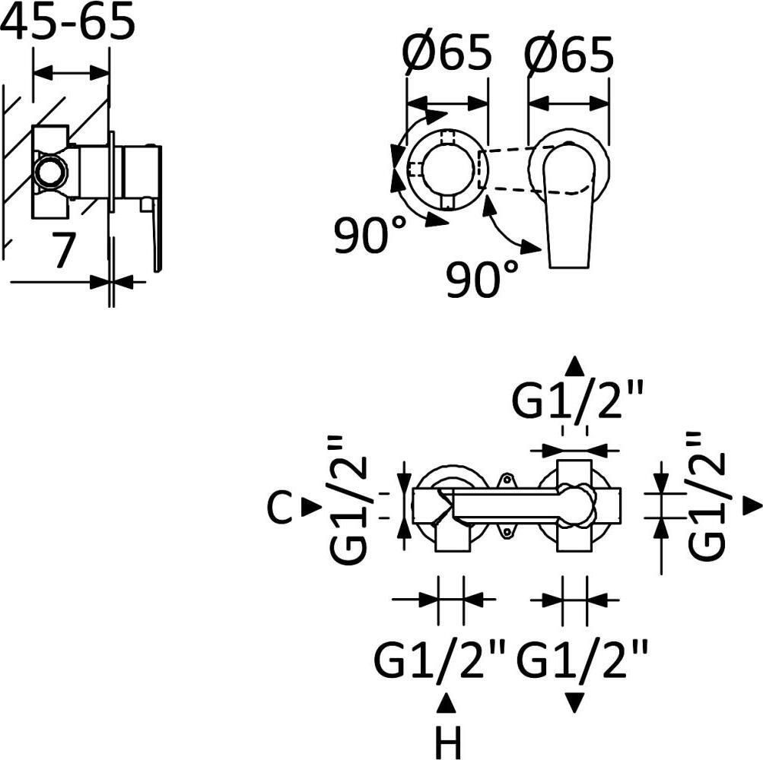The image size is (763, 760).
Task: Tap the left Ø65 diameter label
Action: (x=447, y=52)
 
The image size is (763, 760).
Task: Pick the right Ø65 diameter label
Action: (x=568, y=52)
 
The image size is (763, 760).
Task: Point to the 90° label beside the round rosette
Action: (x=370, y=235)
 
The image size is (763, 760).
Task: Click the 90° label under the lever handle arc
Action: (x=482, y=278)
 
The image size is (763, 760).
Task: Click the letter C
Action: (x=280, y=507)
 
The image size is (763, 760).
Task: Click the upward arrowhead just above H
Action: (x=447, y=704)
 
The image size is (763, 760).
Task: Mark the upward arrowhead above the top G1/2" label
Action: (x=575, y=366)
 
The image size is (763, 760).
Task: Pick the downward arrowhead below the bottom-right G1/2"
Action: (x=575, y=704)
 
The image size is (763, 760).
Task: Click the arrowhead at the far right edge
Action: (x=753, y=506)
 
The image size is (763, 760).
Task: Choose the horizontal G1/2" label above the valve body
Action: (x=577, y=400)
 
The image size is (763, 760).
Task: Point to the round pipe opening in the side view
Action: (x=51, y=171)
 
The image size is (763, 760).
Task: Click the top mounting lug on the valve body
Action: (x=507, y=480)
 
